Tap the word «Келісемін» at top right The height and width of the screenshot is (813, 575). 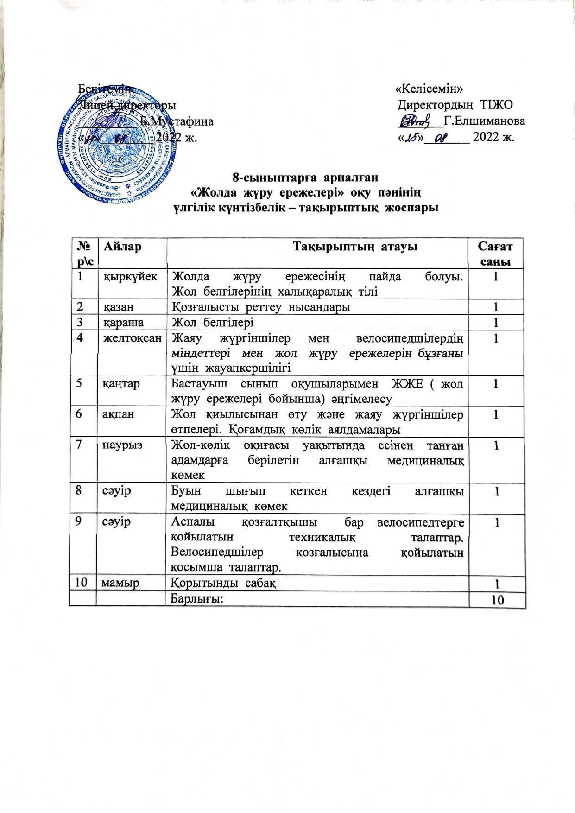(429, 88)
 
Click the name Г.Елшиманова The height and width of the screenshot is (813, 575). (485, 121)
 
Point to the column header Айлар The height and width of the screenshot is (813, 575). (122, 247)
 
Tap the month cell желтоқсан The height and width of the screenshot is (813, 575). (132, 338)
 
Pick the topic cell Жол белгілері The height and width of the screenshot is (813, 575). (212, 322)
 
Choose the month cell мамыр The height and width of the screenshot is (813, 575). (120, 583)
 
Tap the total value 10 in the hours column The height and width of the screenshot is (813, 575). (497, 600)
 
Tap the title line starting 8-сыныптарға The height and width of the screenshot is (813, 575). (305, 177)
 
